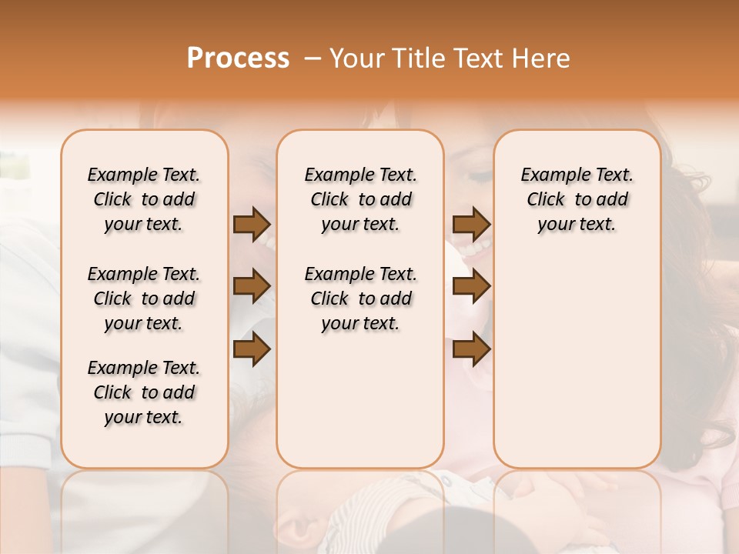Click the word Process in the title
(x=238, y=58)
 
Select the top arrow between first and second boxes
(x=252, y=225)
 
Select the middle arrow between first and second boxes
(x=252, y=287)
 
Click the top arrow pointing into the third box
(x=471, y=225)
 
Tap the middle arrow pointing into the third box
(x=471, y=287)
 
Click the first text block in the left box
(x=144, y=199)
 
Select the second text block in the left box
(x=144, y=299)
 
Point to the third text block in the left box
(x=144, y=392)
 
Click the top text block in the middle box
(x=360, y=199)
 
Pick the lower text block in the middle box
(x=360, y=299)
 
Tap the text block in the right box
(x=577, y=199)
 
